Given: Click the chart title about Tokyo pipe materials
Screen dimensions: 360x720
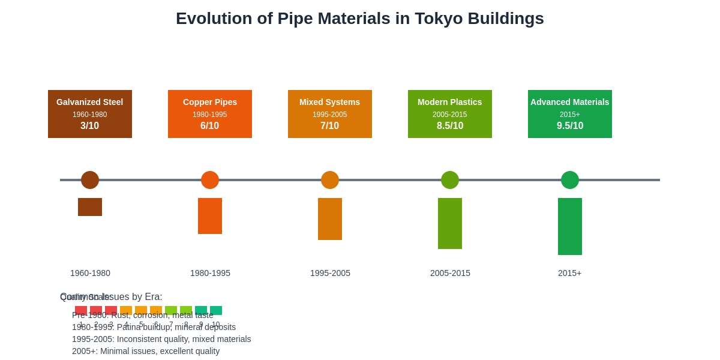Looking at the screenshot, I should [360, 19].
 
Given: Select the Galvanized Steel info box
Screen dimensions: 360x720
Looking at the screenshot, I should [90, 114].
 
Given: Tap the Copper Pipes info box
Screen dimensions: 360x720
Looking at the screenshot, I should [210, 114].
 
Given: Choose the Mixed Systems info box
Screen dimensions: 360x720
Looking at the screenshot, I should [330, 114].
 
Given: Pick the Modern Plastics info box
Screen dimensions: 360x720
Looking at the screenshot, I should [450, 114].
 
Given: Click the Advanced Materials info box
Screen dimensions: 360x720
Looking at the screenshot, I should [570, 114].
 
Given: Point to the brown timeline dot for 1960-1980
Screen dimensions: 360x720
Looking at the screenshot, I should [90, 180].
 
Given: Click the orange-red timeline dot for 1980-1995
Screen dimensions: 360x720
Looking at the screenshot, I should [210, 180].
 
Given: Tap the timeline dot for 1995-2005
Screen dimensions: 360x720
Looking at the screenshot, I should [330, 180].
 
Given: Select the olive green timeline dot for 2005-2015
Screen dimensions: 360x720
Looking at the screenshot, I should [450, 180].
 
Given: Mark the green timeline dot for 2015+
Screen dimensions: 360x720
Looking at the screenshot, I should [570, 180].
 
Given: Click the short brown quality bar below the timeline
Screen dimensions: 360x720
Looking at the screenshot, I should [90, 207].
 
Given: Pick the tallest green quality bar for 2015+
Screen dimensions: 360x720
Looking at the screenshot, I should [570, 226].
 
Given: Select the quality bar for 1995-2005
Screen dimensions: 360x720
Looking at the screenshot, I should [330, 219].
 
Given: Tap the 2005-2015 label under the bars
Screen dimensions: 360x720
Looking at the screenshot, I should [450, 273].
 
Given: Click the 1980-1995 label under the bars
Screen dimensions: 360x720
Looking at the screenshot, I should [210, 273].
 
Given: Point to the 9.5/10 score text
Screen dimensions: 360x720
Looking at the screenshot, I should [570, 126].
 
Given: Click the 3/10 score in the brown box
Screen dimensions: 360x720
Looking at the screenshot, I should [90, 126].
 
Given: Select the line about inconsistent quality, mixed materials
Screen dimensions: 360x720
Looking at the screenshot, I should [161, 339].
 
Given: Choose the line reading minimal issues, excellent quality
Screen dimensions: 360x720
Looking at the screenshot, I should [146, 351].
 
